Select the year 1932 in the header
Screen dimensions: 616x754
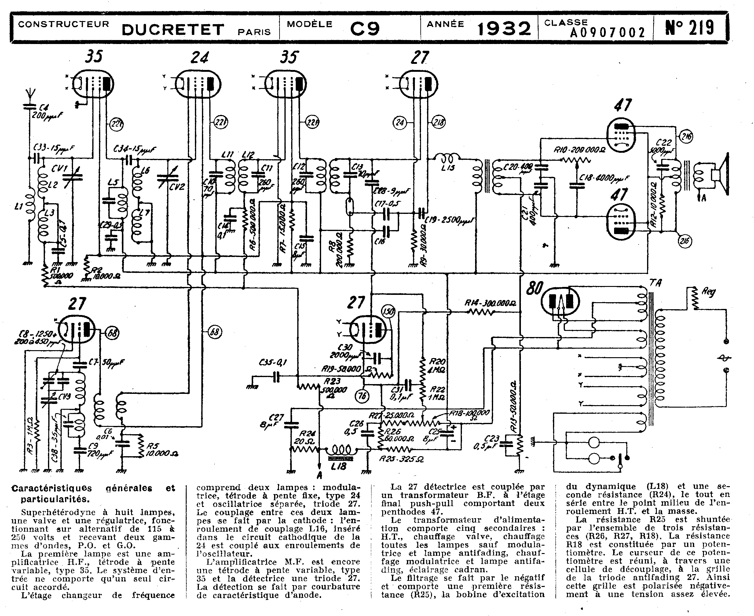504,28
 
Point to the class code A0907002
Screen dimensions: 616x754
607,33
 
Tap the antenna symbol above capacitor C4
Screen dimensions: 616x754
30,95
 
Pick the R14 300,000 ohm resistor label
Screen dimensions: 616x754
490,303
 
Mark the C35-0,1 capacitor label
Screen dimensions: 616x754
273,362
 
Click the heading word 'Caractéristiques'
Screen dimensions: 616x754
52,488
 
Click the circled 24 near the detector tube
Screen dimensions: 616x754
400,123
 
